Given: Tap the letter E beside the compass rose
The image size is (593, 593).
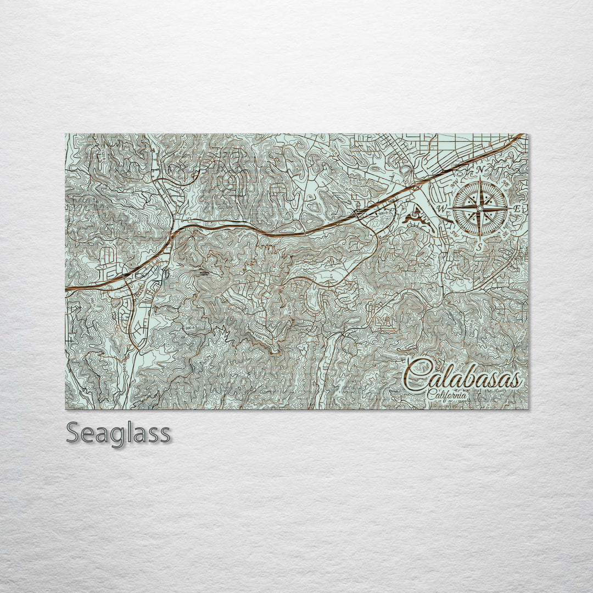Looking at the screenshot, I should pyautogui.click(x=516, y=210).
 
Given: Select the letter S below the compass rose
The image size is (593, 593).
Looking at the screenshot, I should pyautogui.click(x=479, y=247).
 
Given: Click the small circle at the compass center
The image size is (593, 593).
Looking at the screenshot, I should pyautogui.click(x=480, y=209).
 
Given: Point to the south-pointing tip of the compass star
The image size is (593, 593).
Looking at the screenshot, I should pyautogui.click(x=480, y=239).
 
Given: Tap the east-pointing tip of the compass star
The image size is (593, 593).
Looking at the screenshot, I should pyautogui.click(x=510, y=209).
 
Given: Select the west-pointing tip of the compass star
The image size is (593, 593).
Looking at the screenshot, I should pyautogui.click(x=450, y=209).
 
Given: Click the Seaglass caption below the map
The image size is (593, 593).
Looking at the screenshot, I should pyautogui.click(x=118, y=434).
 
